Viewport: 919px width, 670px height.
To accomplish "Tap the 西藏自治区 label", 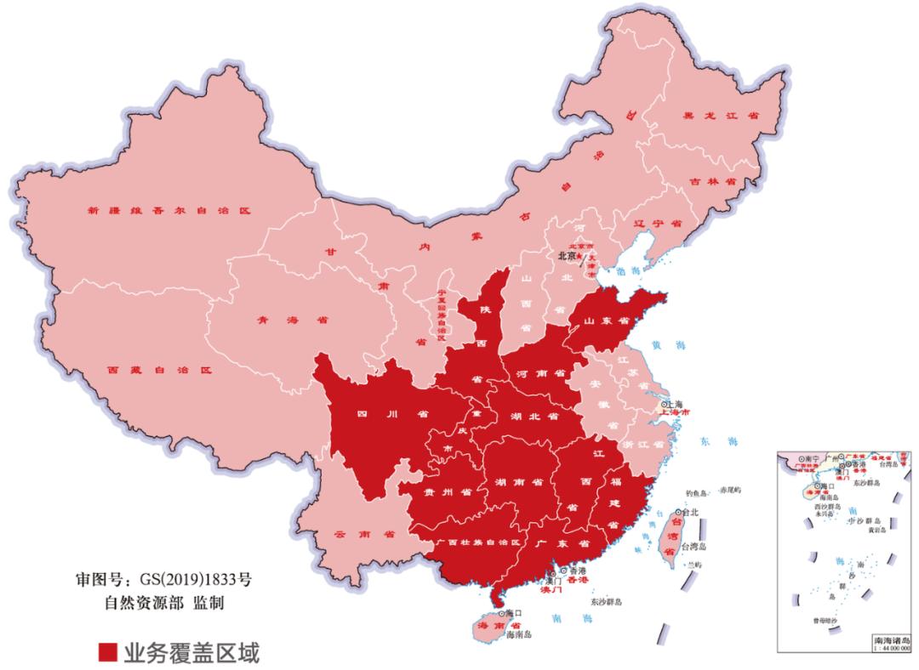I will coord(158,371).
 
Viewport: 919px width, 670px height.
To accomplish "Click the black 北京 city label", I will coord(568,254).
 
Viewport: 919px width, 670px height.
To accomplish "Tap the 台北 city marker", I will coord(677,513).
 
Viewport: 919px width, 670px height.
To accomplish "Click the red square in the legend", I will coord(107,651).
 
